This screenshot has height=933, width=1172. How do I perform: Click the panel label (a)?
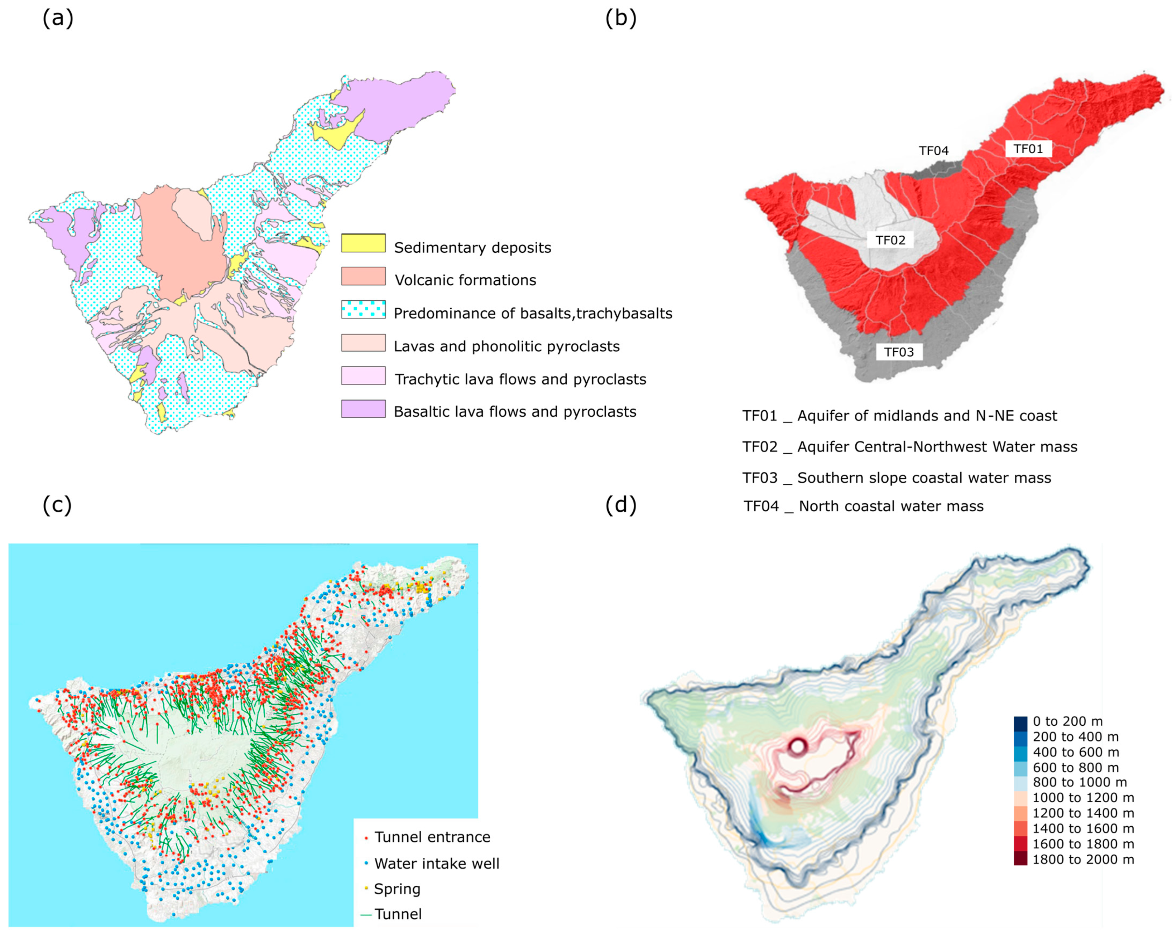point(58,19)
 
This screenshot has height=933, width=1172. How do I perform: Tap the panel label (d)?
point(620,506)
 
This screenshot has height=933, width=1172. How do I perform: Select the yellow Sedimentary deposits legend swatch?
point(363,243)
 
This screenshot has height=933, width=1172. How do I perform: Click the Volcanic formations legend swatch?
point(363,276)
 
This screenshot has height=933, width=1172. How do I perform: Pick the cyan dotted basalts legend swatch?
point(363,309)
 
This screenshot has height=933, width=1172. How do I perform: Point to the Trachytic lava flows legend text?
point(520,379)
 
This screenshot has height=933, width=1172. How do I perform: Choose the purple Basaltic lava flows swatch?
point(363,409)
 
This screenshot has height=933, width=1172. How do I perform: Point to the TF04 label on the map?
point(933,150)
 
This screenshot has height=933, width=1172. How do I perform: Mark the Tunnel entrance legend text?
point(432,837)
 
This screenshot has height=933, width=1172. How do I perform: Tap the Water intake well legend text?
point(437,864)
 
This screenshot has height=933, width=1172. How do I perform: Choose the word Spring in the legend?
point(397,889)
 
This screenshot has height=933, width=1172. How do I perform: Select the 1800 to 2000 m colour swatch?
point(1020,859)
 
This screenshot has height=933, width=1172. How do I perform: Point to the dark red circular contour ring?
point(797,746)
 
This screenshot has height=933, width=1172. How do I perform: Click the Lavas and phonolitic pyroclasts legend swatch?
point(363,343)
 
